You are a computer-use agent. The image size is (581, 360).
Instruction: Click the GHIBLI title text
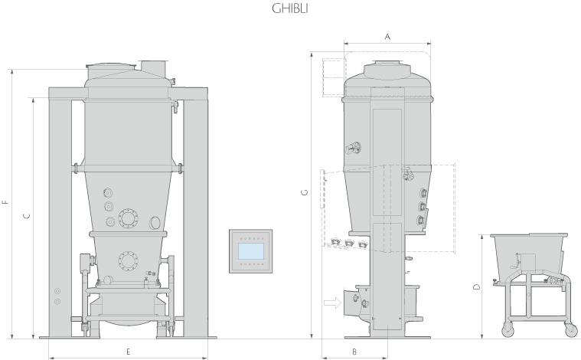[290, 8]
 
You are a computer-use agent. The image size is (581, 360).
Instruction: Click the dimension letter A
[387, 37]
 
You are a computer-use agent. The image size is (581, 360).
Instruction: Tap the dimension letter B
[354, 352]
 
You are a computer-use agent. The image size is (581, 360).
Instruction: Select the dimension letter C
[27, 216]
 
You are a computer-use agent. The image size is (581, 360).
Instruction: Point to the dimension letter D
[477, 287]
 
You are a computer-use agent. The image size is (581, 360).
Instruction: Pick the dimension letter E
[128, 352]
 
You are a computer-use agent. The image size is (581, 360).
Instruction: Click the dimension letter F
[5, 202]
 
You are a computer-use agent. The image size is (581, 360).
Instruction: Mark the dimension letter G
[305, 192]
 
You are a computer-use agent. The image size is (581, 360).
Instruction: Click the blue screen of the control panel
[250, 251]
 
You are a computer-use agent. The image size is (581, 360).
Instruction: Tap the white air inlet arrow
[332, 303]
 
